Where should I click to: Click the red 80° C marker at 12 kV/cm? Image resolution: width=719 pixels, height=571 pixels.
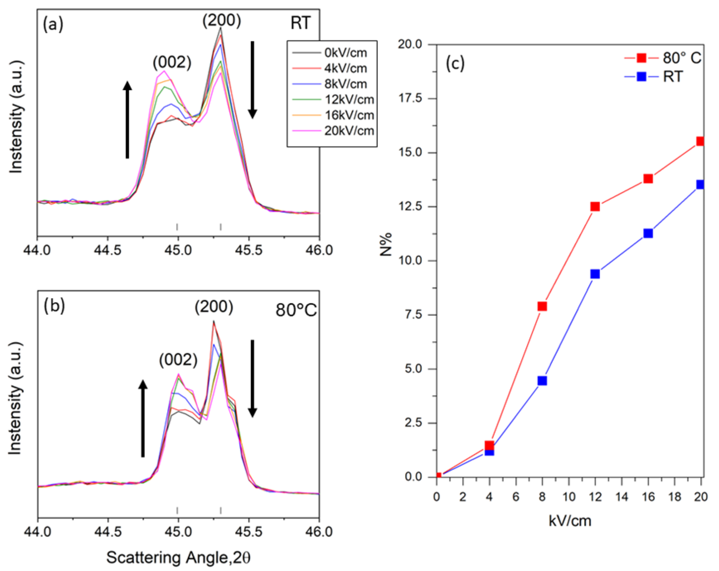595,207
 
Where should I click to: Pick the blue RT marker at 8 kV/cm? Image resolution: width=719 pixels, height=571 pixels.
542,381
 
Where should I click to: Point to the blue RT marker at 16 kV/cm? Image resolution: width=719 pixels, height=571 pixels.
648,233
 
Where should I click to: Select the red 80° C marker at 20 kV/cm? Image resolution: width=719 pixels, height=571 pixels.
700,141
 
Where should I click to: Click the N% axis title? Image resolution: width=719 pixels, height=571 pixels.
386,244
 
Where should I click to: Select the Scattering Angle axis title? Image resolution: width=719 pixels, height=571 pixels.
178,557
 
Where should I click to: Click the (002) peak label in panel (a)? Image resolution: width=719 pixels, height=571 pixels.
172,62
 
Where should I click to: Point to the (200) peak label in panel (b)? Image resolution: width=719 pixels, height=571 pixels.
214,307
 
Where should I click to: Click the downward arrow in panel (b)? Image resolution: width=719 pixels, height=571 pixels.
253,378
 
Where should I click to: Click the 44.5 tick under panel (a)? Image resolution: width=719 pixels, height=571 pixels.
107,250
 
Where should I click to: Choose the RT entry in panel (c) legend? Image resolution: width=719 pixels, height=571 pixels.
673,77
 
